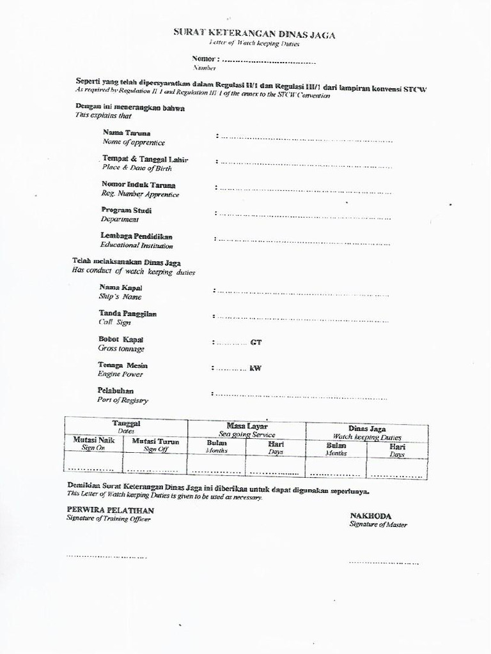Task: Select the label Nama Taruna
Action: (127, 133)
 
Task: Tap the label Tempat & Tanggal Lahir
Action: (145, 159)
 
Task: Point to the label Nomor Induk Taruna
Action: (138, 185)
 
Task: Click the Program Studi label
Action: (126, 210)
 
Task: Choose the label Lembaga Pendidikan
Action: (136, 236)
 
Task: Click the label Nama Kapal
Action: (120, 288)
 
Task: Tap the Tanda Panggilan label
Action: (127, 314)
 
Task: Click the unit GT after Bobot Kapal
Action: (256, 342)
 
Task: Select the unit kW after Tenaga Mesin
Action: (255, 368)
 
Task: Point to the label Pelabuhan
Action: (116, 390)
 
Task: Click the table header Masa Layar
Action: (247, 426)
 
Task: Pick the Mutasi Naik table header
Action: (93, 441)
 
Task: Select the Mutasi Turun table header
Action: (155, 441)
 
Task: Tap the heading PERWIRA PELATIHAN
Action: (110, 510)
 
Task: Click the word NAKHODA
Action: (370, 515)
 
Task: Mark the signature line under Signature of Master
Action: (384, 563)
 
